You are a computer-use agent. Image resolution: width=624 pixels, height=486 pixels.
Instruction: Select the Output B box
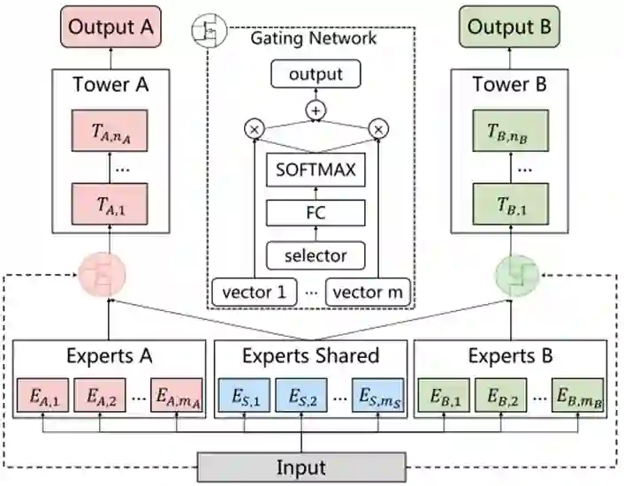[509, 27]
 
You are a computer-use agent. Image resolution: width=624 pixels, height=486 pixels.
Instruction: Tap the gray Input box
[301, 467]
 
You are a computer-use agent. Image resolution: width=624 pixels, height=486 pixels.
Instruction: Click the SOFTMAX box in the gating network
[316, 169]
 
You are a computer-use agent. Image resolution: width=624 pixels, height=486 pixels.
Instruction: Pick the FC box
[316, 213]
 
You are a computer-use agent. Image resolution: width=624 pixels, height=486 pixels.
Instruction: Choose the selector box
[316, 255]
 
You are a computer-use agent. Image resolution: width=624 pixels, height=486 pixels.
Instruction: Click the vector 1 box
[254, 292]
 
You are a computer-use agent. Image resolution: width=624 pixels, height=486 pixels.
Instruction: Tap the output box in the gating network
[316, 74]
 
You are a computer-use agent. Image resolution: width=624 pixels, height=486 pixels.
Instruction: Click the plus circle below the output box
[316, 110]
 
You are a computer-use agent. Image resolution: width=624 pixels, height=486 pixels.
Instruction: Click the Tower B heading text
[509, 86]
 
